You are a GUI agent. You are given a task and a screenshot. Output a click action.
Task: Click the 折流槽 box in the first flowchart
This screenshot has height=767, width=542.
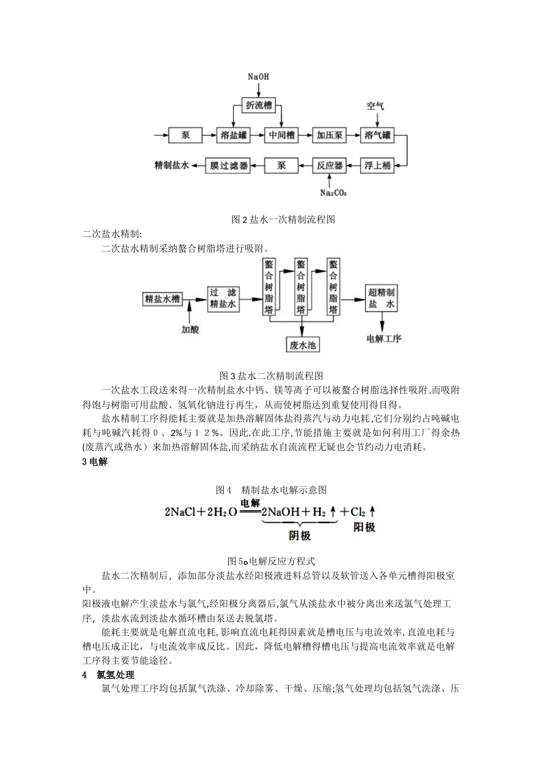[x=258, y=106]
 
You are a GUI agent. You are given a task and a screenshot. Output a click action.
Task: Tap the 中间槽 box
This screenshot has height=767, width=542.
[x=282, y=135]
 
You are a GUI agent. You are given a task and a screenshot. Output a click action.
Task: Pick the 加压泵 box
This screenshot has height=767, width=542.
[x=330, y=135]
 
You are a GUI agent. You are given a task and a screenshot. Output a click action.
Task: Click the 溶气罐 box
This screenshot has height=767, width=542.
[x=377, y=135]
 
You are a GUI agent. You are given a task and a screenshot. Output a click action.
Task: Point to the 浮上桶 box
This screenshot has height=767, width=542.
[x=377, y=165]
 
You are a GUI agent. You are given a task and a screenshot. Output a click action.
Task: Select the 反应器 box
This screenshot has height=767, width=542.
[x=330, y=165]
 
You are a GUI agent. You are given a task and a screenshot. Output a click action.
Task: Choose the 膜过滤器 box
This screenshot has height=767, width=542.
[x=229, y=165]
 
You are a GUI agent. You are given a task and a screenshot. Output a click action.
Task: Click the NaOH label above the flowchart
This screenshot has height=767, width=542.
[x=258, y=76]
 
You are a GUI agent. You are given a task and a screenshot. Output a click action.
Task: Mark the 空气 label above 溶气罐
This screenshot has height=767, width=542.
[x=375, y=106]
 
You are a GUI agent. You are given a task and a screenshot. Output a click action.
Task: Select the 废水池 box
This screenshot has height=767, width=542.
[x=302, y=345]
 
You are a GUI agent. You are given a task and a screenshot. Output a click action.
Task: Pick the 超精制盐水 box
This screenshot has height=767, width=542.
[x=381, y=298]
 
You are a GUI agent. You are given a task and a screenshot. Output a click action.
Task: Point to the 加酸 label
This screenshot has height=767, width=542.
[x=191, y=329]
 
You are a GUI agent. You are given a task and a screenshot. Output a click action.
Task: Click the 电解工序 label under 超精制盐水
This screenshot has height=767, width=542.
[x=384, y=338]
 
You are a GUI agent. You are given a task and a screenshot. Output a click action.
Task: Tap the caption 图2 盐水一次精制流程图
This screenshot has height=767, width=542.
[x=271, y=219]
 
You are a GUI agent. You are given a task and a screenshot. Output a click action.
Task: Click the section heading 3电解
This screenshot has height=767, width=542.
[x=95, y=462]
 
